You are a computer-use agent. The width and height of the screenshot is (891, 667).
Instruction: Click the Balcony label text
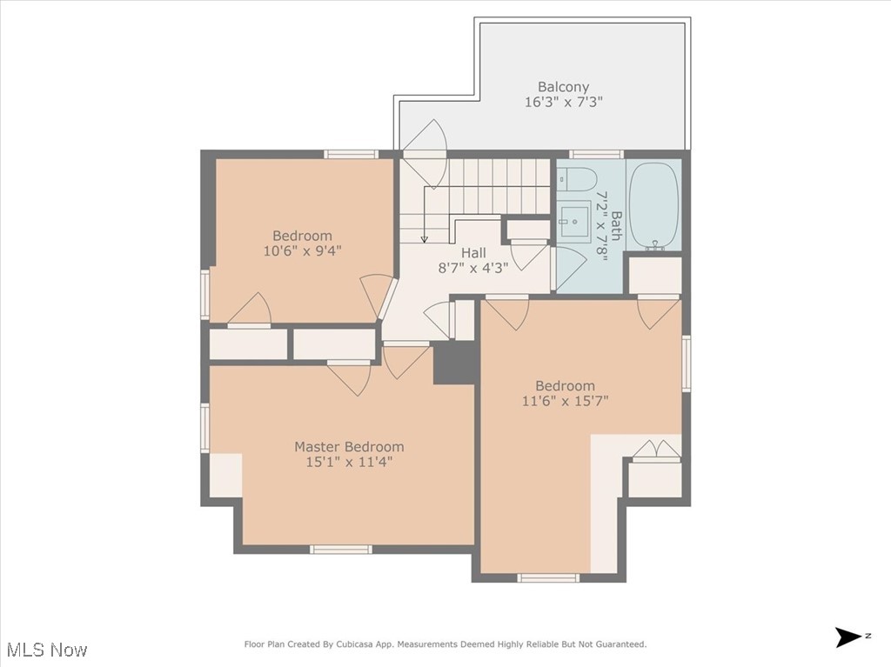click(563, 87)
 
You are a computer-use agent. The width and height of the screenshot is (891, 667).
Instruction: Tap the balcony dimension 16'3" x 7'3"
click(563, 102)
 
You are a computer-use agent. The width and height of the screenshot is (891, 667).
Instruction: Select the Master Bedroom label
click(348, 447)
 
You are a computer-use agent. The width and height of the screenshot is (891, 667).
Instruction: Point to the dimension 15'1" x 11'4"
click(348, 462)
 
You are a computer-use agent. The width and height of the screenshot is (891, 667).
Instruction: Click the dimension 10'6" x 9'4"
click(302, 250)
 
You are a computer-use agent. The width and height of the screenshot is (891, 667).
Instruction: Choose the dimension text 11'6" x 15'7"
click(565, 401)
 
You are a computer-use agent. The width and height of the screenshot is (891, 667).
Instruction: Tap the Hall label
click(473, 253)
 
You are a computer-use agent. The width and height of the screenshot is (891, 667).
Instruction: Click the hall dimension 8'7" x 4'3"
click(473, 268)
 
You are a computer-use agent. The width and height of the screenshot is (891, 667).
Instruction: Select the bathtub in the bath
click(653, 205)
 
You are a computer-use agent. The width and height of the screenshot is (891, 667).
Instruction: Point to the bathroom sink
click(575, 221)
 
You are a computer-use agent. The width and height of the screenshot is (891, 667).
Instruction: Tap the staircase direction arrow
click(424, 237)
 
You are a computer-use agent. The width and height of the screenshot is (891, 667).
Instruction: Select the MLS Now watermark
click(45, 650)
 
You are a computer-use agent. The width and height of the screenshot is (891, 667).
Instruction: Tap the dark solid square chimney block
click(454, 363)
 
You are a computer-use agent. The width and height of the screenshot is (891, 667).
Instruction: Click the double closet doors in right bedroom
click(655, 450)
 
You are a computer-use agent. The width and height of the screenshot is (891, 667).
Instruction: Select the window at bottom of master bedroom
click(341, 549)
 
